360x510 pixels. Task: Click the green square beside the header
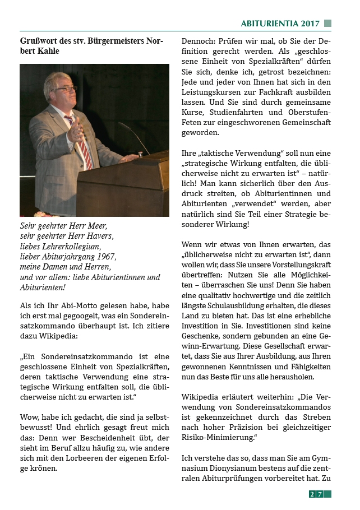[328, 24]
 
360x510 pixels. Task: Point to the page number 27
[316, 494]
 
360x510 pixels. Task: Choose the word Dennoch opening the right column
[199, 41]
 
